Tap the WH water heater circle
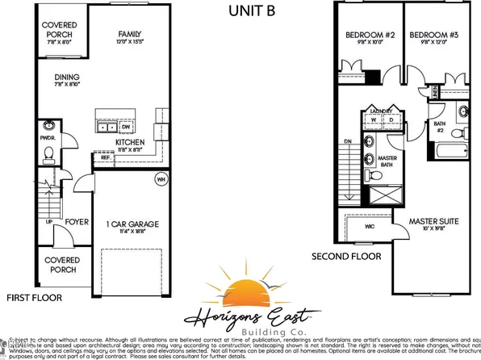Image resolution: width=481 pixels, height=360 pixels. [x=161, y=179]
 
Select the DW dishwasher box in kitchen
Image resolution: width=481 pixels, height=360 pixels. [x=126, y=127]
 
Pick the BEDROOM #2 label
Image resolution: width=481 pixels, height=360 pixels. [x=367, y=35]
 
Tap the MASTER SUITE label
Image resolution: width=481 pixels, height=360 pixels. [x=433, y=220]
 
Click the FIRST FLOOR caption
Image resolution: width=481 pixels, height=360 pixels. [x=32, y=298]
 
